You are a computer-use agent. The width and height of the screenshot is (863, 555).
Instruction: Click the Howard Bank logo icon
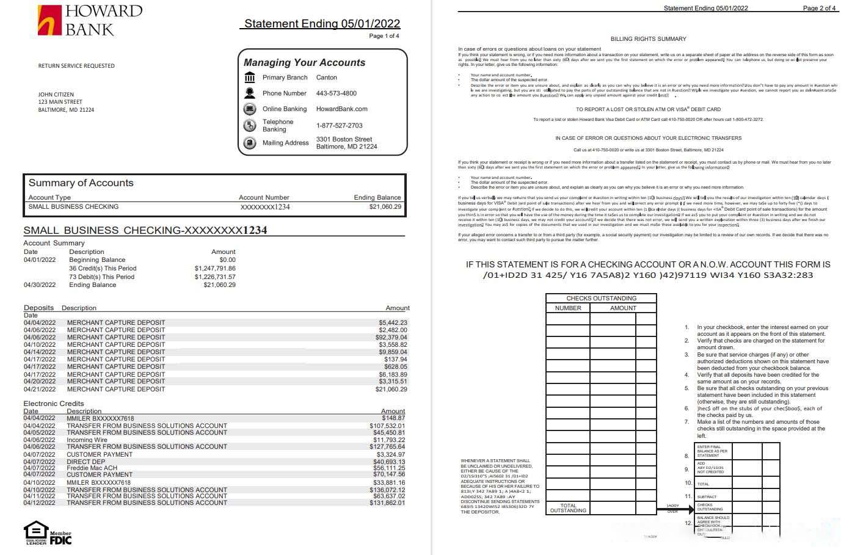(50, 20)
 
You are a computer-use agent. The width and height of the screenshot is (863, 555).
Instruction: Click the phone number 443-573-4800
(336, 93)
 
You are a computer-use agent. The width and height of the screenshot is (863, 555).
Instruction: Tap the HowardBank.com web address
(341, 109)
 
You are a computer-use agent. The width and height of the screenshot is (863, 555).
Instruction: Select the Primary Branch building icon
(250, 78)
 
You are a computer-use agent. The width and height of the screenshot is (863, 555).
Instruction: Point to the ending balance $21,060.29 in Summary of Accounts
(385, 207)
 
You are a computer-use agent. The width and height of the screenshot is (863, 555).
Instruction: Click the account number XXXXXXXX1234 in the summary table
(265, 207)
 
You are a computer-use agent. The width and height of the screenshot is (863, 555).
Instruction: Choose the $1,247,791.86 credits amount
(215, 269)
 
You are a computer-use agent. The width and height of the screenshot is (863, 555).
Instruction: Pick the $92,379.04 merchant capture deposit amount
(391, 338)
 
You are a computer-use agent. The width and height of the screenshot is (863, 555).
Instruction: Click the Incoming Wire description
(87, 440)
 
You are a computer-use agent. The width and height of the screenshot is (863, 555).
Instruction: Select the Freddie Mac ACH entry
(92, 468)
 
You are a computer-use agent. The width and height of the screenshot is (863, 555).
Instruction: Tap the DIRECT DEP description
(86, 462)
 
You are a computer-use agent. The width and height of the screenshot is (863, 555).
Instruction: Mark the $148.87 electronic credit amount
(393, 418)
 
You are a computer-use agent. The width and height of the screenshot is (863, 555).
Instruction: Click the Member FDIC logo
(60, 538)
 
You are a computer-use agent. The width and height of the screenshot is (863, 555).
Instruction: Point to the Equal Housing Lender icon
(36, 532)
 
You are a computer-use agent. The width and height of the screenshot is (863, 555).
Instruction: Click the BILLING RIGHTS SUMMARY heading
(648, 39)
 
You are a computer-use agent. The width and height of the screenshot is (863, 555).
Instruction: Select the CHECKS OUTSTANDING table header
(601, 299)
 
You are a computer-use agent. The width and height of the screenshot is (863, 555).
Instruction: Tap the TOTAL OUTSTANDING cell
(568, 508)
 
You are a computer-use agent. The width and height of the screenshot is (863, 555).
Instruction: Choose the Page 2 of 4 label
(819, 9)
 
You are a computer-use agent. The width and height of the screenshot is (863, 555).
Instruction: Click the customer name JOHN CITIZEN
(56, 95)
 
